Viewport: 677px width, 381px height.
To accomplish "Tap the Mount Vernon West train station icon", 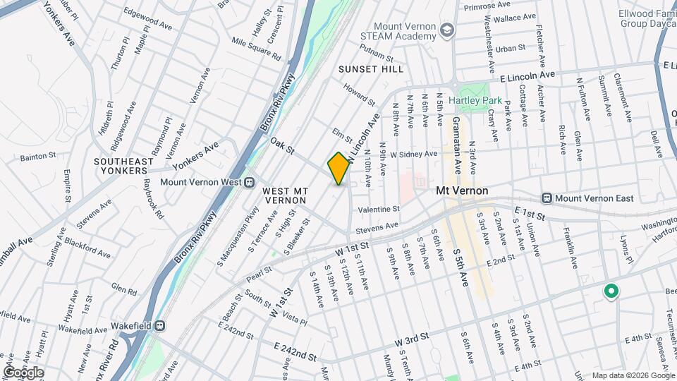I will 249,182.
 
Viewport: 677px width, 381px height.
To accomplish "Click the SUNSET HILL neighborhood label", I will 371,69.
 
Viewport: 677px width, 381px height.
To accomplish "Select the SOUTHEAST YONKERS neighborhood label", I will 123,167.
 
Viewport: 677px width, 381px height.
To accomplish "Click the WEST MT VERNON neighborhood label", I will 285,195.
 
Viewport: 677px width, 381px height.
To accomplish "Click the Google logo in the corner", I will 23,373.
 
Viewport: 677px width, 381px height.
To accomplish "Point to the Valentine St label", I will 379,210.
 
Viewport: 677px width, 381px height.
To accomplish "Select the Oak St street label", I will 281,147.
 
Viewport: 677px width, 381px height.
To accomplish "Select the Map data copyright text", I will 632,375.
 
